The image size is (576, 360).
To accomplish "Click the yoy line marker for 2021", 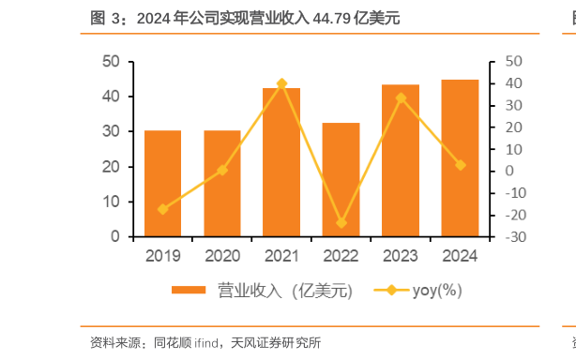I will (281, 84).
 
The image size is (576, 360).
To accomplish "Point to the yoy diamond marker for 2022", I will (341, 223).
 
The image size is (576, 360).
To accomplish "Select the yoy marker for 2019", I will (162, 209).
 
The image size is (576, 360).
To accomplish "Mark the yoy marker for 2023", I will (401, 97).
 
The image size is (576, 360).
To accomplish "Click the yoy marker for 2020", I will (222, 171).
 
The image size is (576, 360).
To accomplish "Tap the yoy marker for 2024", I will (460, 165).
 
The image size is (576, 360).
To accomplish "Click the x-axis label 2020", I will (222, 255).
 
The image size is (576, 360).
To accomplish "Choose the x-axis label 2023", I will (401, 255).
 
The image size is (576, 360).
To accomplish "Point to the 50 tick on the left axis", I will (111, 62).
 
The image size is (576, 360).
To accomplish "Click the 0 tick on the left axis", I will (115, 237).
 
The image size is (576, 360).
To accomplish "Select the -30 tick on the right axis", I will (512, 237).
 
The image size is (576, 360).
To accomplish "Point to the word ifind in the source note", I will (208, 342).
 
